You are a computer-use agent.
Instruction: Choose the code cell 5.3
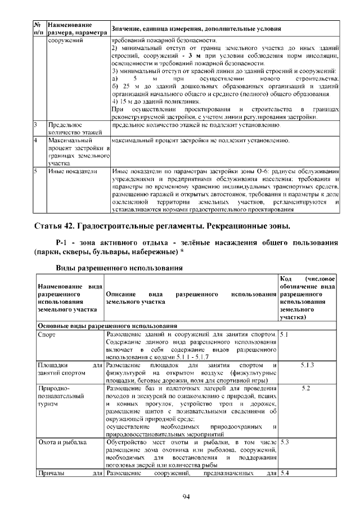click(284, 442)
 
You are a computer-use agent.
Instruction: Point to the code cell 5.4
click(284, 472)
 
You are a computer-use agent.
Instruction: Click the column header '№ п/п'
click(38, 29)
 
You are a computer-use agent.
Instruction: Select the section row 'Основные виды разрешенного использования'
click(107, 325)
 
